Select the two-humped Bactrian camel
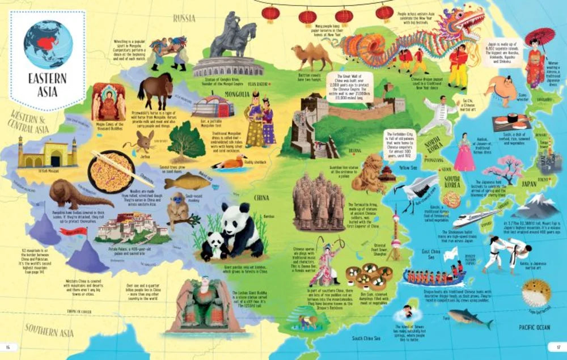311,56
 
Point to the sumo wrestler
498,91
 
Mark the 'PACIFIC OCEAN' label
534,327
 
